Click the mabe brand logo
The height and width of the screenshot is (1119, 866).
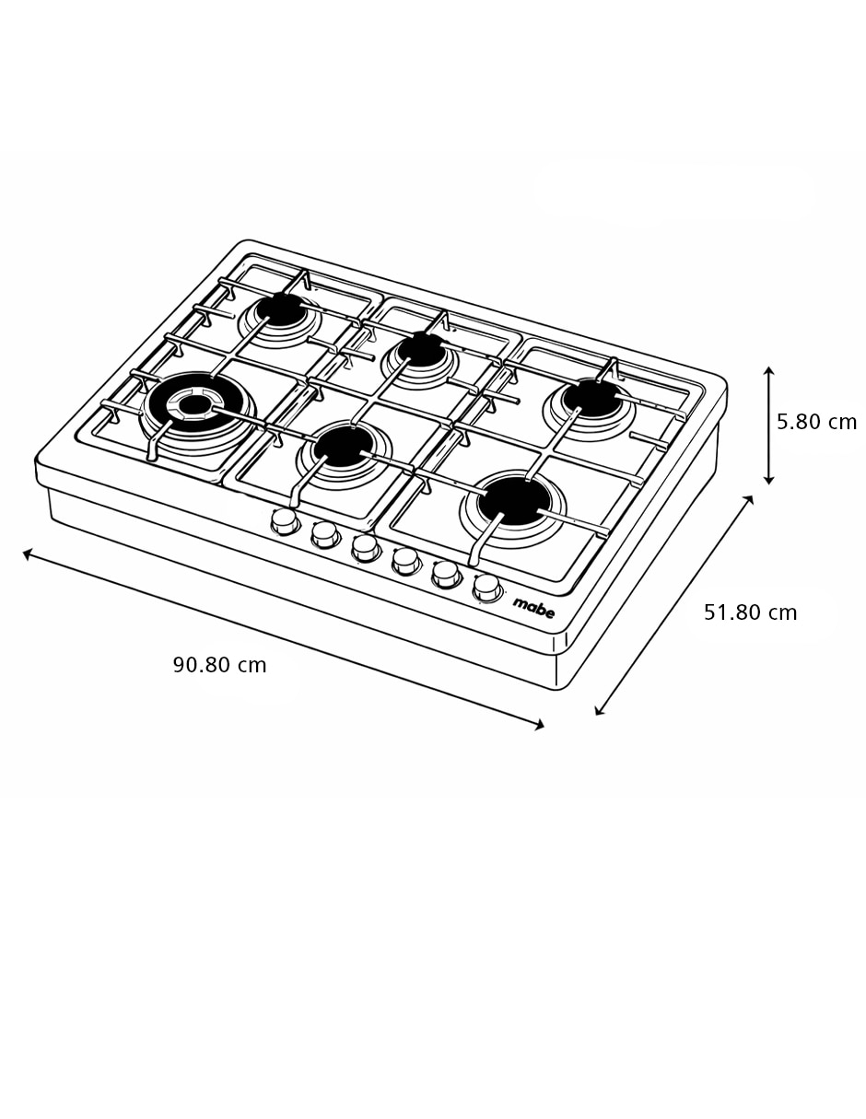(x=534, y=609)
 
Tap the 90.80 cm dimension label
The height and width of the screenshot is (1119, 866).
(x=220, y=665)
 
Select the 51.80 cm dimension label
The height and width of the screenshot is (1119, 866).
(x=750, y=612)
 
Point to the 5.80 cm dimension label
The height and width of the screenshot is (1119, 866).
(x=816, y=422)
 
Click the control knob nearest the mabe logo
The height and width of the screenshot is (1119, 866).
(x=486, y=588)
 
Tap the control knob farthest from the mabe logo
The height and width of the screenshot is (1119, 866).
(x=285, y=522)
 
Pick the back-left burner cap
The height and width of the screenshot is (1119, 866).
(x=280, y=309)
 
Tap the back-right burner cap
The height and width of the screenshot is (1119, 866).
(x=592, y=397)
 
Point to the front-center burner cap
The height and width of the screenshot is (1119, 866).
(x=342, y=448)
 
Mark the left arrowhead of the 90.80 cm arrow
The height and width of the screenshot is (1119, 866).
(x=27, y=553)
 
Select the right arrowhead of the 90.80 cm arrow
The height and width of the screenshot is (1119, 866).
(x=540, y=727)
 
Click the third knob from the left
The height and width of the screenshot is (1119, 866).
(x=366, y=548)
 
